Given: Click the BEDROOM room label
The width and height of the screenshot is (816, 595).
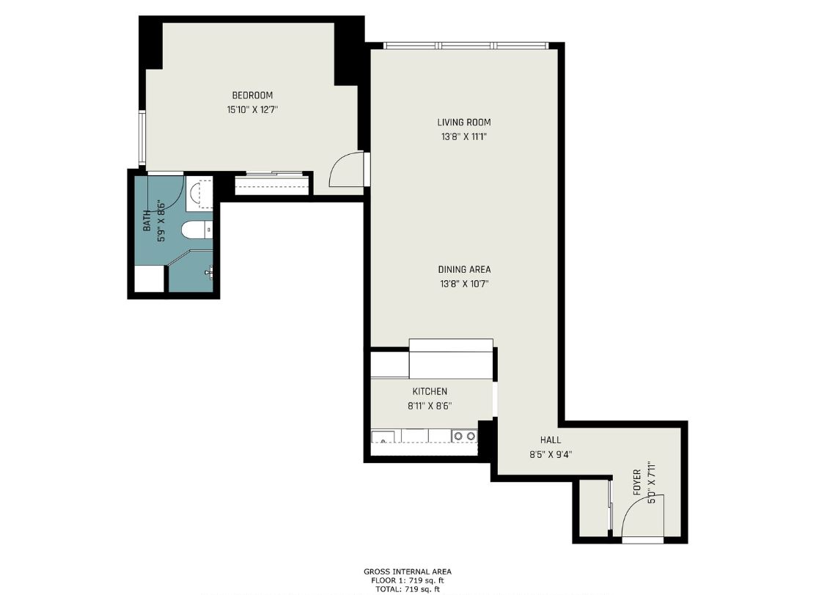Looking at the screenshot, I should [252, 95].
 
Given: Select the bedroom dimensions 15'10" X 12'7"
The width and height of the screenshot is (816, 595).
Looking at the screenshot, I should [252, 110].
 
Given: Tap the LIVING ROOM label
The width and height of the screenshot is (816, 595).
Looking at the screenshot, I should [463, 123].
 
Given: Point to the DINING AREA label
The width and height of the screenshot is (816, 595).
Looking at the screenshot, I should [464, 269].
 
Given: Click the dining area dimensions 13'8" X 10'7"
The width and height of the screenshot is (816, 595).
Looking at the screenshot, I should [464, 284].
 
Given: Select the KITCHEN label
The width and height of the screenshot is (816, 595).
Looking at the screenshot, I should [429, 392].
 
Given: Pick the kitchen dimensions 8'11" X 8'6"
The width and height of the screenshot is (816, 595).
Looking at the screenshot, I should [429, 406].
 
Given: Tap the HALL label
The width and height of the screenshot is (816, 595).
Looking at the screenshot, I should [551, 440].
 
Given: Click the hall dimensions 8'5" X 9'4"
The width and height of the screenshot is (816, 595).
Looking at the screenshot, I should [551, 454].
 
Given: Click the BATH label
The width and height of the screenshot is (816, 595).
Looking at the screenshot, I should [147, 221].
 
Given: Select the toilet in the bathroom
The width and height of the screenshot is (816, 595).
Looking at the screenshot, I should [195, 230].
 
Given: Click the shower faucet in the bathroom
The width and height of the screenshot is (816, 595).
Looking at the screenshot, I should [210, 272].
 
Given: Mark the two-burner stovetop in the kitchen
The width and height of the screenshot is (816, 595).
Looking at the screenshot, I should [464, 436].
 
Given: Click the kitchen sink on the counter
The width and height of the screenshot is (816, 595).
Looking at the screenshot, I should [382, 438].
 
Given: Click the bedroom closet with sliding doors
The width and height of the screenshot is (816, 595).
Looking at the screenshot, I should [272, 184].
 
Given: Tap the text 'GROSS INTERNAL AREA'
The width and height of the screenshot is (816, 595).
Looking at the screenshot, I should [408, 572].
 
